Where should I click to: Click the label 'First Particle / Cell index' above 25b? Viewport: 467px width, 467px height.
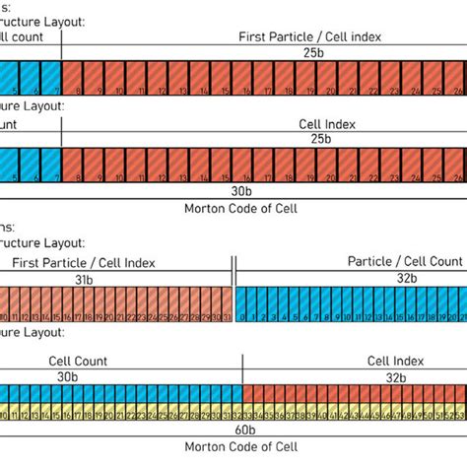[x=309, y=36]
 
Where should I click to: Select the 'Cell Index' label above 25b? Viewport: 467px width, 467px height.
[x=327, y=125]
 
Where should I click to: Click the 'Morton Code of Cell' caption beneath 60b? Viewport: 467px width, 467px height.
[x=239, y=445]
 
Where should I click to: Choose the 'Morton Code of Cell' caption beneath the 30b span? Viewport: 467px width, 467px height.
[x=239, y=209]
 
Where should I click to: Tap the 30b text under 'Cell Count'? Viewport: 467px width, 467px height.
[x=68, y=376]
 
